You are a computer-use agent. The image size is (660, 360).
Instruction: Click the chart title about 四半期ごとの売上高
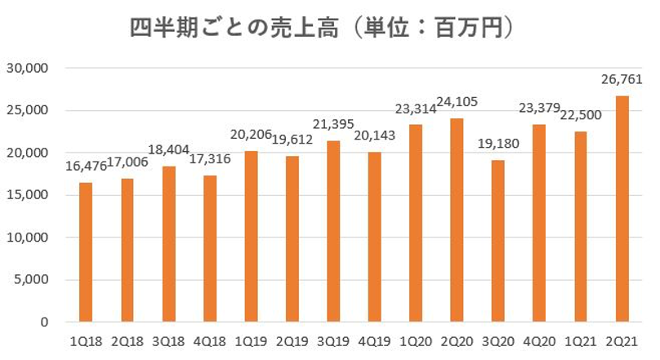tap(323, 29)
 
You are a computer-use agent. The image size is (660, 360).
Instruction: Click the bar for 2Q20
tap(457, 220)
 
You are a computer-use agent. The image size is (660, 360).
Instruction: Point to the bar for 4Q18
tap(210, 249)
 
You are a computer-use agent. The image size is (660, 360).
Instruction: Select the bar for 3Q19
tap(334, 232)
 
